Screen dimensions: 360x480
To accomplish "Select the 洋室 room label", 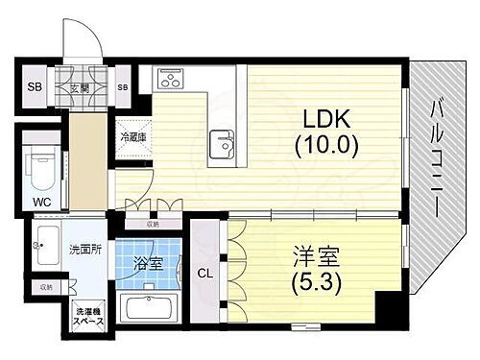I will point(305,258).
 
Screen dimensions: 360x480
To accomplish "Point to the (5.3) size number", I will point(305,282).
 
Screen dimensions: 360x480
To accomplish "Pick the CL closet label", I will point(204,273).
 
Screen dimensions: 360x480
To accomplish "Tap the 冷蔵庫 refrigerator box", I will point(132,137).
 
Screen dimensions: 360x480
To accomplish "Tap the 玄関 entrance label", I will point(80,88).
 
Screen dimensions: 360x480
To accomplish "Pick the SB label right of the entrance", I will point(123,88).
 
